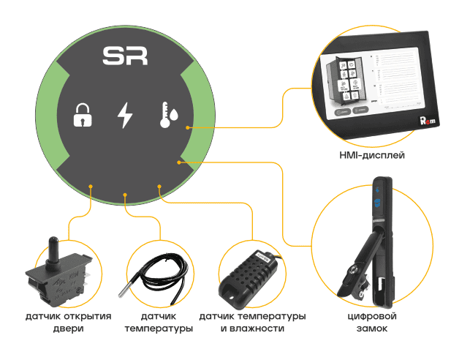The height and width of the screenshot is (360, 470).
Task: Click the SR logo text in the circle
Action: pyautogui.click(x=126, y=56)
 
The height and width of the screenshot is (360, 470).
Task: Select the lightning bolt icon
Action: pyautogui.click(x=126, y=116)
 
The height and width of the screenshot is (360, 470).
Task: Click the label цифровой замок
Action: pyautogui.click(x=372, y=323)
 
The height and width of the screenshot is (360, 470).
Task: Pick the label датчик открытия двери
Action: pyautogui.click(x=68, y=323)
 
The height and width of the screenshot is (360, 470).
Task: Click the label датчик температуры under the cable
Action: pyautogui.click(x=159, y=323)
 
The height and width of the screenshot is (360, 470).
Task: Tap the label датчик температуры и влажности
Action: pyautogui.click(x=252, y=323)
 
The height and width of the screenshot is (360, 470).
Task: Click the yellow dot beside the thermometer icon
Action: pyautogui.click(x=189, y=127)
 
